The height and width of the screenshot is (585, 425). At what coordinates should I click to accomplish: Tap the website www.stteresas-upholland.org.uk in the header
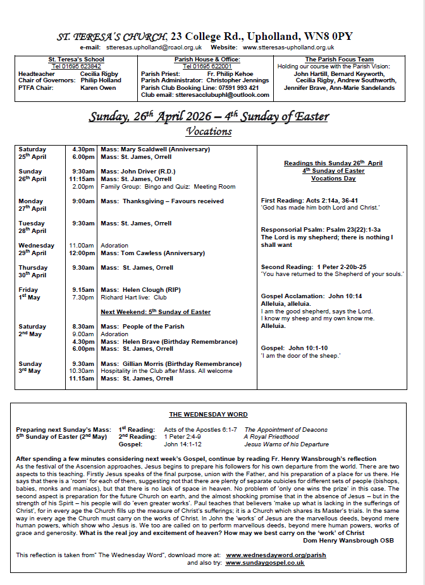(288, 47)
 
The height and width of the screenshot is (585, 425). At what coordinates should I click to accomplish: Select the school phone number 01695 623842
(76, 66)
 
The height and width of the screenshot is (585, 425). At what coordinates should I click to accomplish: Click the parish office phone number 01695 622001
(207, 66)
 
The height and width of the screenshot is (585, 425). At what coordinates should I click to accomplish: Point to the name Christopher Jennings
(238, 80)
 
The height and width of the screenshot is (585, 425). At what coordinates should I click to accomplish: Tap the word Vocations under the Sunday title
(209, 132)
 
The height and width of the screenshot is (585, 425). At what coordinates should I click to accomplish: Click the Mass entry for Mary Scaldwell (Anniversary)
(155, 149)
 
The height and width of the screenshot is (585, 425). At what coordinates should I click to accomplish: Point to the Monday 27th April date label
(32, 204)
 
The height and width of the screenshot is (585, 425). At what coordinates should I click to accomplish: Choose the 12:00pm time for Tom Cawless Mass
(82, 253)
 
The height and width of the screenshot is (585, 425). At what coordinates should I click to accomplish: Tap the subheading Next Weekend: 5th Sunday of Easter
(156, 312)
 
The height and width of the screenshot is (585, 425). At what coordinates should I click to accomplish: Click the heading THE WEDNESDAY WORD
(208, 415)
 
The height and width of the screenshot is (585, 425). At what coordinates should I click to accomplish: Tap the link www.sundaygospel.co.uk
(265, 562)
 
